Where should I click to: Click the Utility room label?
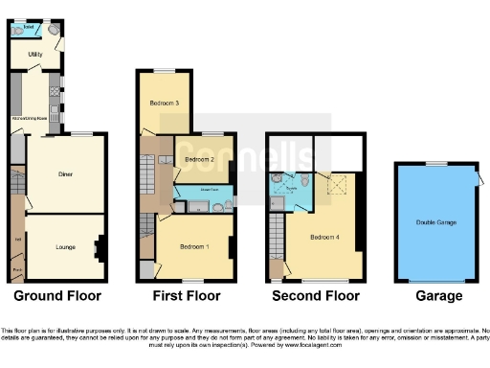pos(34,56)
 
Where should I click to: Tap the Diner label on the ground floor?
pos(66,174)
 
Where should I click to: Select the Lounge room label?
pos(65,247)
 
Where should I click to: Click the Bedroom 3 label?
pos(164,102)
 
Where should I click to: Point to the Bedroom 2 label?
pos(197,159)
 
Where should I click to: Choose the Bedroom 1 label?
pos(195,246)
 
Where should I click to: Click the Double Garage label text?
pos(435,222)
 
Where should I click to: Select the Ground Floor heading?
pos(56,296)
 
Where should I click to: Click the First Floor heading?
pos(188,296)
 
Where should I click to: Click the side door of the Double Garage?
pos(476,180)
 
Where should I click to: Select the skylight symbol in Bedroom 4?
pos(336,185)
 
